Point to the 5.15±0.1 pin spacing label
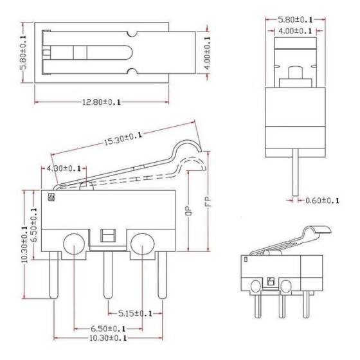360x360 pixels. point(135,313)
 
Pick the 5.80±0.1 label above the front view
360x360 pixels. point(295,19)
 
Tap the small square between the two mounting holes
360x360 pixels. point(107,233)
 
